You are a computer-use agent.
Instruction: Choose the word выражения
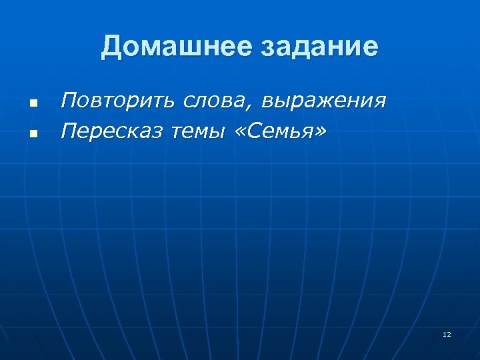coord(324,102)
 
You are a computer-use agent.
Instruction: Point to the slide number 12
coord(447,334)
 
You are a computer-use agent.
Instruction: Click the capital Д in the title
coord(111,47)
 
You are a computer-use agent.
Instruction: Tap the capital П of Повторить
coord(68,101)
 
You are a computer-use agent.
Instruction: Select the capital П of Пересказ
coord(68,132)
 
